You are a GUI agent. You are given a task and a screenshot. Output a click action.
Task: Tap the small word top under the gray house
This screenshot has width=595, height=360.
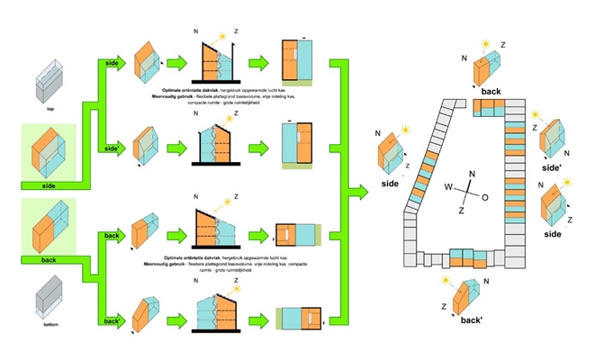click(x=50, y=109)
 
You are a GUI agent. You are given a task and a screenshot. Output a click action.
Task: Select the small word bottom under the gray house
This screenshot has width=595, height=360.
click(x=50, y=326)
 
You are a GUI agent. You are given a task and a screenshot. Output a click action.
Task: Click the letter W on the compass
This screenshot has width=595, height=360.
click(x=448, y=187)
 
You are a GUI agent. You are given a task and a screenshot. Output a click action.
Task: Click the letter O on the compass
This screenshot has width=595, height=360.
click(x=485, y=195)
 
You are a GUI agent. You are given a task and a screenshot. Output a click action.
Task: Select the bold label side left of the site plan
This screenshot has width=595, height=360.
click(x=389, y=184)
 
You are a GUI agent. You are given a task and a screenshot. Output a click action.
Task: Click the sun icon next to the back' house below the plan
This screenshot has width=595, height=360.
click(x=445, y=282)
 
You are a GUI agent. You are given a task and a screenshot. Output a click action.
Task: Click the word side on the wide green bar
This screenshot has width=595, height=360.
click(x=50, y=185)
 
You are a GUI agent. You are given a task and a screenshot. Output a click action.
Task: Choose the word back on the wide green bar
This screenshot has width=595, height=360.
click(x=50, y=261)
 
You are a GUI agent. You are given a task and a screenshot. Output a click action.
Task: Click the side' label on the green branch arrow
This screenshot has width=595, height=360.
click(x=113, y=146)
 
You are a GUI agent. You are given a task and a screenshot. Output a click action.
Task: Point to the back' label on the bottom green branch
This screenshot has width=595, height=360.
click(x=113, y=321)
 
